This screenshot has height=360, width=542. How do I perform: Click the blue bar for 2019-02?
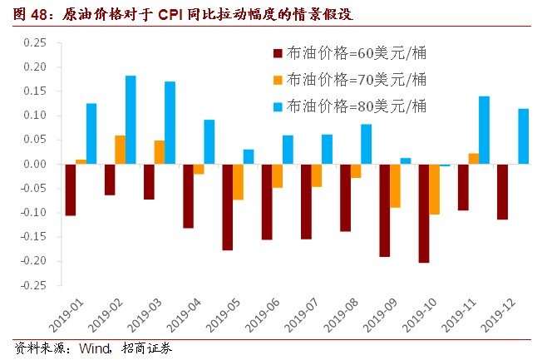pos(131,120)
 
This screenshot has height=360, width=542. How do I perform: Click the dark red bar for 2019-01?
pos(71,190)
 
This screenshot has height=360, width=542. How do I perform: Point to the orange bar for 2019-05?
pos(238,181)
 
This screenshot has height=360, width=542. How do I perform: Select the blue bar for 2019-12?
pos(523,136)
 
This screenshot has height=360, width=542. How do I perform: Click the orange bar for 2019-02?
pos(120,150)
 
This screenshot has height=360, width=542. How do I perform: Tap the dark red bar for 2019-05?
pos(227,207)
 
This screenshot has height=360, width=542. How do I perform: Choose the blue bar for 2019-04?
pos(209,141)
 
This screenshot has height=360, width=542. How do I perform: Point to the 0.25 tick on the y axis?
pos(36,42)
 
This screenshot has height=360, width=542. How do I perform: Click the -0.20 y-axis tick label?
pos(34,261)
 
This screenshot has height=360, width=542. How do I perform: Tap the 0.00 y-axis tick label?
pos(36,164)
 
